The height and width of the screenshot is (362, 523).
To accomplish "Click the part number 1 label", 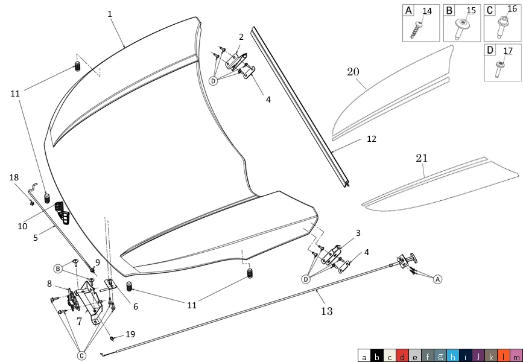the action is pos(110,14).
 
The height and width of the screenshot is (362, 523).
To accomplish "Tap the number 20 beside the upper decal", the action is pos(353,72).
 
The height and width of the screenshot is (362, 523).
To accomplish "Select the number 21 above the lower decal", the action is pos(422,158).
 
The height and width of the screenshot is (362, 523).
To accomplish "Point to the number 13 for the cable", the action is pos(327,311).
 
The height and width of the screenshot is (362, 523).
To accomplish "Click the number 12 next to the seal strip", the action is pos(371,139).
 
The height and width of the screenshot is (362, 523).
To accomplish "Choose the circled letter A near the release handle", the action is pos(438,279).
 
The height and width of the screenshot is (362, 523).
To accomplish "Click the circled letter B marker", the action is pos(58,268).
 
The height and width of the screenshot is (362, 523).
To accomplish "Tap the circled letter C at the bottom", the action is pos(81,356).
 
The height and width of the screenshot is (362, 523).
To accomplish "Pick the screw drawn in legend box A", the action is pos(417,30).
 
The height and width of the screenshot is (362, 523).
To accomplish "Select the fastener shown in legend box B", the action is pos(461,29).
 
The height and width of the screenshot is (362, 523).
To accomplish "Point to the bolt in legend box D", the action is pos(499,69).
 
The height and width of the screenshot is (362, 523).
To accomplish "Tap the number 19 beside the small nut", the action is pos(130,334).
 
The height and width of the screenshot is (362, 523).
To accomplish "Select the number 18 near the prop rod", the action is pos(14,177).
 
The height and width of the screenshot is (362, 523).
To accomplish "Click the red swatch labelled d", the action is pos(402,355).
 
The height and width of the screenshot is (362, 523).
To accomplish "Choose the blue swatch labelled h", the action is pos(452,355).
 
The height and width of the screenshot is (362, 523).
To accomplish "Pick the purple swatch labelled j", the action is pos(478,355).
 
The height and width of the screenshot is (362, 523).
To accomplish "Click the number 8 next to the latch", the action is pos(49,284).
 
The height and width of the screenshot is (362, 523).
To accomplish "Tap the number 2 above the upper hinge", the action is pos(241,37).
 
